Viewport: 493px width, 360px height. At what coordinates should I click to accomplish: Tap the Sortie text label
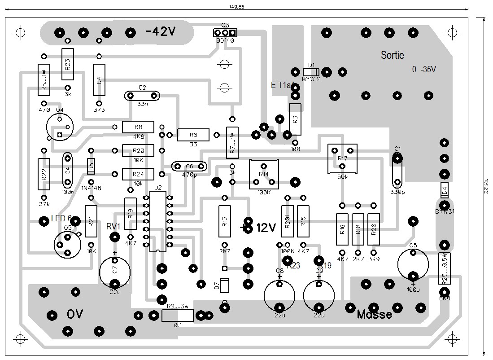(x=392, y=55)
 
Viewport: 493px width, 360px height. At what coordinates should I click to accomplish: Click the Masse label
(x=374, y=315)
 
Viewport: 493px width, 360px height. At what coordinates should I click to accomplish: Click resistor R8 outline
(x=138, y=127)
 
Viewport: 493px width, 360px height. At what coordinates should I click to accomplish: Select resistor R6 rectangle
(x=193, y=135)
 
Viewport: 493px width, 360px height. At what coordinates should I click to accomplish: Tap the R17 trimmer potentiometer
(x=342, y=158)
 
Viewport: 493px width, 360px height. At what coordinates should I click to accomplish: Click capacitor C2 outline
(x=142, y=96)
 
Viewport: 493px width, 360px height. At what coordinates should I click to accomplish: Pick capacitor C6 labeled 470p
(x=189, y=167)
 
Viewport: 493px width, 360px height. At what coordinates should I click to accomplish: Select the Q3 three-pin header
(x=225, y=33)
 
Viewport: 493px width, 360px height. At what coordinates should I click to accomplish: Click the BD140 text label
(x=225, y=40)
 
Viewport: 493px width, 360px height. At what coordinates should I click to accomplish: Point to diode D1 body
(x=311, y=72)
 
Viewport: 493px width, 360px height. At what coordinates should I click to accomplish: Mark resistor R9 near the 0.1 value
(x=178, y=316)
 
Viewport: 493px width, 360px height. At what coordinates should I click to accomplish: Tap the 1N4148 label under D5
(x=91, y=188)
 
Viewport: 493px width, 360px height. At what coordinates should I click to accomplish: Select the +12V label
(x=260, y=228)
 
